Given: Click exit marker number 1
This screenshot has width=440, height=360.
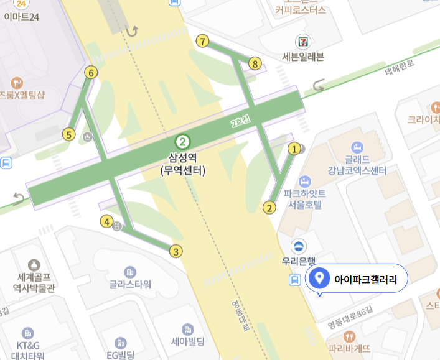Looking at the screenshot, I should (x=293, y=149).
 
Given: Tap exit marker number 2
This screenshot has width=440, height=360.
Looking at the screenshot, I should (x=269, y=208).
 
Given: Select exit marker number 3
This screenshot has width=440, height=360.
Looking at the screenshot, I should (x=177, y=251).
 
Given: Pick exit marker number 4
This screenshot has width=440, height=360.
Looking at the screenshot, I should (x=106, y=221).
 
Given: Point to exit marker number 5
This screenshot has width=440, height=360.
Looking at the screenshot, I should (x=68, y=134).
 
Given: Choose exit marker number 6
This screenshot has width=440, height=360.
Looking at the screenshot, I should (x=91, y=73).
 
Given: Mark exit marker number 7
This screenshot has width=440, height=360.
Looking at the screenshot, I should (x=202, y=42).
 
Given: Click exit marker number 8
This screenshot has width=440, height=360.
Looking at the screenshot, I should (x=254, y=63).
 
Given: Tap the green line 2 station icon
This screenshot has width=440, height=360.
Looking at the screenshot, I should (x=182, y=141).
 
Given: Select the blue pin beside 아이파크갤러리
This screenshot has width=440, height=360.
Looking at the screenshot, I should (x=320, y=277).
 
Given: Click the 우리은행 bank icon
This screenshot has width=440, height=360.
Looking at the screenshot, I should (x=299, y=244).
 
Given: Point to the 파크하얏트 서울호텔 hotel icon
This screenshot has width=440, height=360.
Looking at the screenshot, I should (x=305, y=182).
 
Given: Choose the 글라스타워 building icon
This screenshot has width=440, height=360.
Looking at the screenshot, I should (x=130, y=272).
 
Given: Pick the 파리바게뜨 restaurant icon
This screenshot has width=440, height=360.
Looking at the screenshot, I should (x=350, y=336).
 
